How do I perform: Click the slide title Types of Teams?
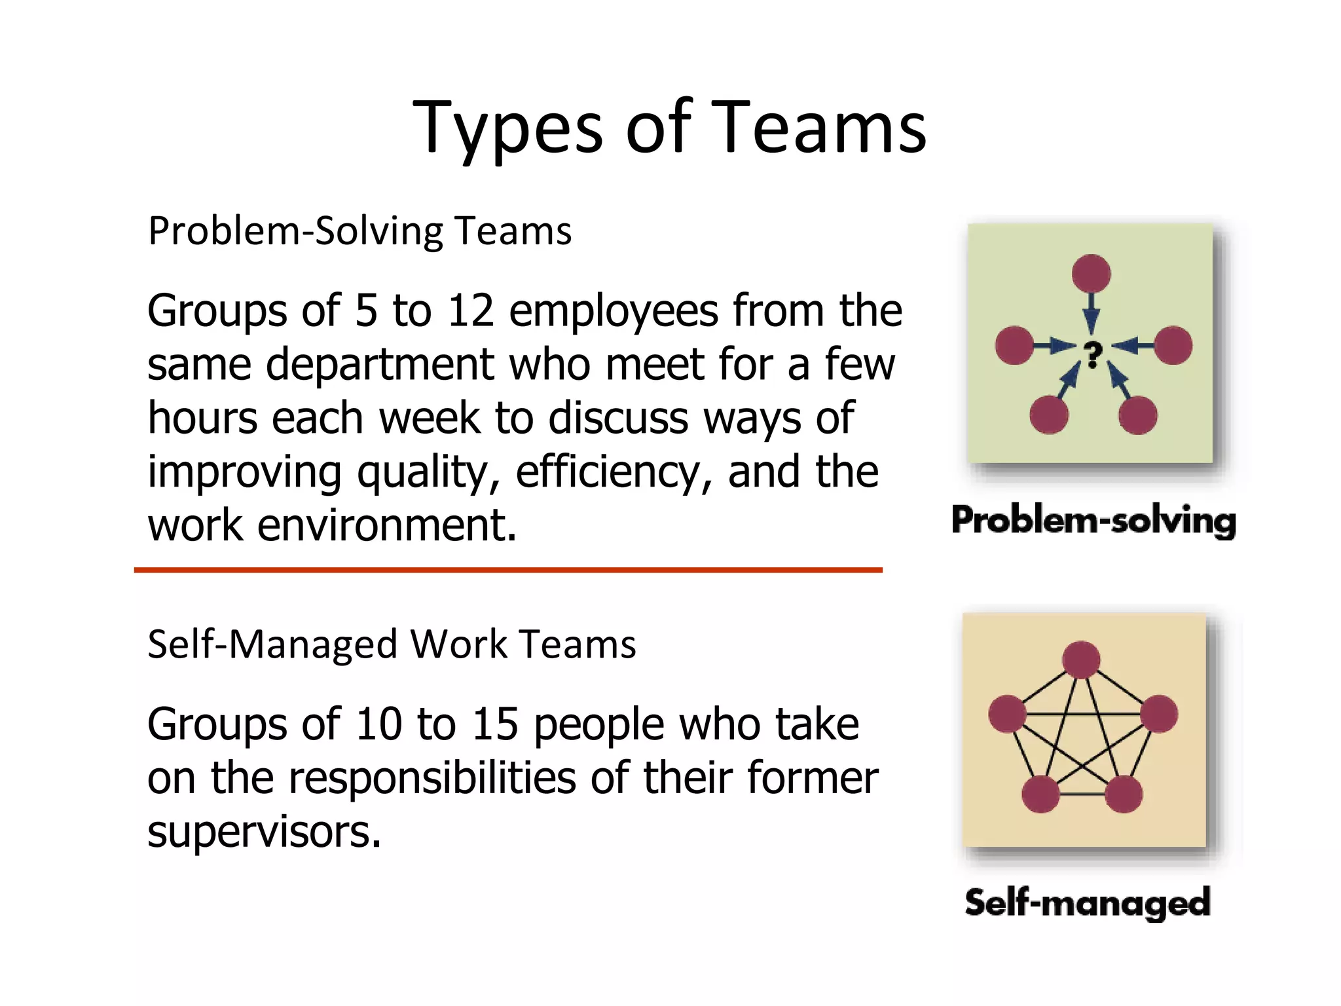(669, 128)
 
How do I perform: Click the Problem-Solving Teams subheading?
(359, 231)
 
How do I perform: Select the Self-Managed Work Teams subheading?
(392, 644)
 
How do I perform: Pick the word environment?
(387, 526)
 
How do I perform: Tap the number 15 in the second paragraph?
(494, 724)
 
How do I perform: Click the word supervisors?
(264, 832)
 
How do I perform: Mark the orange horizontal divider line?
(508, 570)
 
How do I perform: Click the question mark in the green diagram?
(1092, 355)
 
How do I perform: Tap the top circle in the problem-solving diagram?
(1091, 273)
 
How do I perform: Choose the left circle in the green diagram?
(1014, 345)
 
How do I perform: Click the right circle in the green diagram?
(1173, 345)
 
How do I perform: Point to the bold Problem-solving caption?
(1093, 521)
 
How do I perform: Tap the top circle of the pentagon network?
(1081, 660)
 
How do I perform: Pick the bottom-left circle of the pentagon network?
(1040, 794)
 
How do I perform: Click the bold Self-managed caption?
(1088, 903)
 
